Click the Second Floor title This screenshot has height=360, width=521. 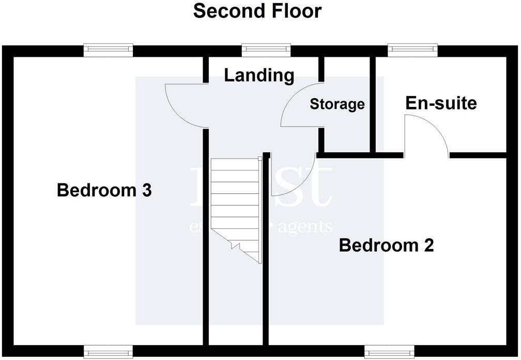tap(257, 11)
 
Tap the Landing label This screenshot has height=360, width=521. tap(259, 75)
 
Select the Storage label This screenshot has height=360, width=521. tap(337, 104)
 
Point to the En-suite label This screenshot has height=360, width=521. tap(440, 103)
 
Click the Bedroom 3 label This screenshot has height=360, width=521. tap(104, 190)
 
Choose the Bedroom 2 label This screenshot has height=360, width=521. tap(386, 245)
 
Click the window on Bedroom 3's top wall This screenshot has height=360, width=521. tap(109, 50)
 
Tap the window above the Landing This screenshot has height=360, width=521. tap(266, 50)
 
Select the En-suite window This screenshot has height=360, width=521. tap(413, 50)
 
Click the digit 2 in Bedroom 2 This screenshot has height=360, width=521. tap(428, 245)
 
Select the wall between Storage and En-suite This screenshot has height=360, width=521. tap(372, 103)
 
